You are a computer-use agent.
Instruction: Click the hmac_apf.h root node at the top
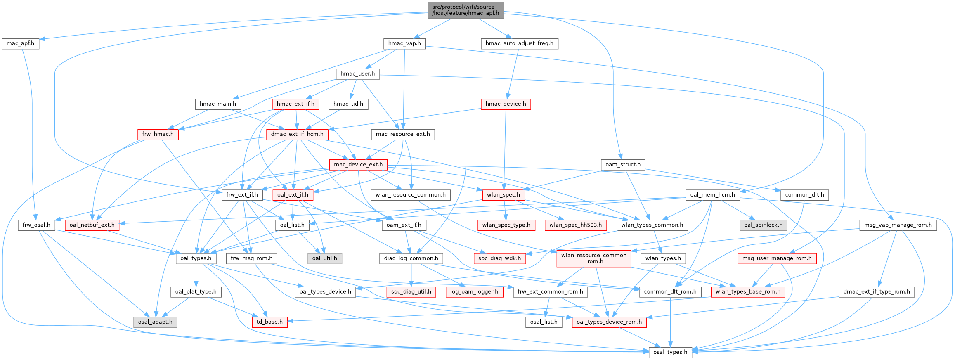click(465, 10)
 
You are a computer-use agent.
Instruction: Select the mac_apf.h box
click(20, 43)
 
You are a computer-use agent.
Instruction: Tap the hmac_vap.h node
click(404, 43)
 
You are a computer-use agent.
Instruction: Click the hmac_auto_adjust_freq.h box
click(519, 43)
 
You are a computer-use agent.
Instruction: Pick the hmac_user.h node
click(357, 74)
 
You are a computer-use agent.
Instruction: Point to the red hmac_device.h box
click(506, 104)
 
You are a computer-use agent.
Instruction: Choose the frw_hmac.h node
click(158, 134)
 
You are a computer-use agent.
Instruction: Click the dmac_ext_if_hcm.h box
click(297, 134)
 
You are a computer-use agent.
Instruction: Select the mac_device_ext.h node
click(358, 164)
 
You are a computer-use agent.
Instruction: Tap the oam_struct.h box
click(623, 164)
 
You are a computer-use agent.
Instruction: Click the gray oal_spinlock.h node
click(763, 225)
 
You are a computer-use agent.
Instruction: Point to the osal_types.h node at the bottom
click(670, 352)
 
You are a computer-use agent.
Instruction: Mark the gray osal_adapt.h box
click(155, 322)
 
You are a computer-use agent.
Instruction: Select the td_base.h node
click(269, 322)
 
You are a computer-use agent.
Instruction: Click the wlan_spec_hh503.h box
click(576, 225)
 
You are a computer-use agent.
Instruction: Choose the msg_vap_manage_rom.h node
click(898, 225)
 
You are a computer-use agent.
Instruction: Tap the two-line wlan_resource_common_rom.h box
click(593, 258)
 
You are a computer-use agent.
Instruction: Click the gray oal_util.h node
click(324, 258)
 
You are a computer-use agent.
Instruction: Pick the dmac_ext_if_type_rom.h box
click(877, 291)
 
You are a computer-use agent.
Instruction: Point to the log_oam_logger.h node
click(474, 291)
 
